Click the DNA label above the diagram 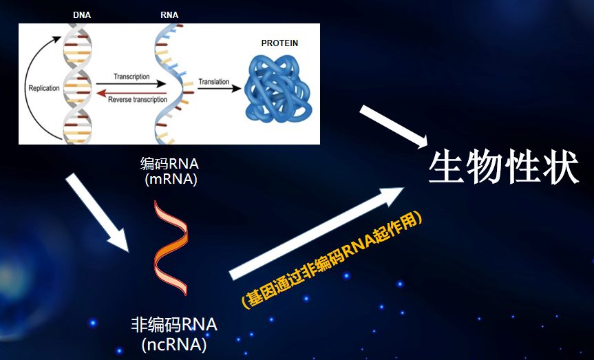pyautogui.click(x=82, y=14)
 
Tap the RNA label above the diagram pyautogui.click(x=169, y=14)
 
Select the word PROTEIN pyautogui.click(x=279, y=43)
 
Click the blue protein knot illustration pyautogui.click(x=278, y=89)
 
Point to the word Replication pyautogui.click(x=44, y=88)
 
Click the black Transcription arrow pyautogui.click(x=131, y=84)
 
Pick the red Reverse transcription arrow pyautogui.click(x=131, y=93)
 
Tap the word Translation pyautogui.click(x=214, y=81)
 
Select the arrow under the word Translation pyautogui.click(x=220, y=89)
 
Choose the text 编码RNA pyautogui.click(x=169, y=164)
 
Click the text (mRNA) pyautogui.click(x=171, y=179)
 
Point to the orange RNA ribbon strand pyautogui.click(x=171, y=248)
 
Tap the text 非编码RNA pyautogui.click(x=174, y=325)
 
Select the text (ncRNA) pyautogui.click(x=174, y=345)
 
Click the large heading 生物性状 pyautogui.click(x=504, y=167)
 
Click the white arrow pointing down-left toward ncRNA pyautogui.click(x=97, y=213)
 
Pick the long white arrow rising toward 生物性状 pyautogui.click(x=317, y=233)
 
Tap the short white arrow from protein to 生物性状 pyautogui.click(x=394, y=127)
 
